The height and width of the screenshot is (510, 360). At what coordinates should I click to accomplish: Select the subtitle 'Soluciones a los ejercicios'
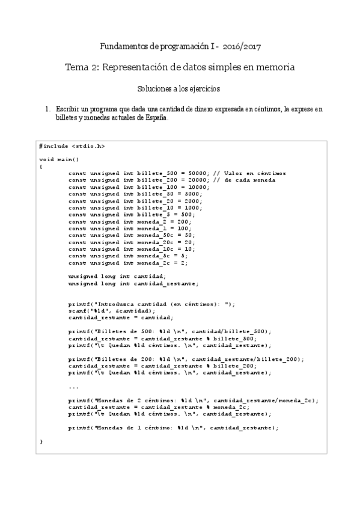pos(179,88)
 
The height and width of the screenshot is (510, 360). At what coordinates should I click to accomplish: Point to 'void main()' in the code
pos(59,159)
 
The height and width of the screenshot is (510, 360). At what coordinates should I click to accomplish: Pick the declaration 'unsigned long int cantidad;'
pos(121,275)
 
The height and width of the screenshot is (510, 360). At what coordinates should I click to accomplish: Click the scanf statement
pos(111,311)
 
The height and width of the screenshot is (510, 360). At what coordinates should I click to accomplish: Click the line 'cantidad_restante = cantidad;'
pos(120,318)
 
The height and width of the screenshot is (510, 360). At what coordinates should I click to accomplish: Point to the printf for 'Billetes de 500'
pos(169,331)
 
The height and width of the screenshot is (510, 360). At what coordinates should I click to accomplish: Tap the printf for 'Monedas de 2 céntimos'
pos(192,400)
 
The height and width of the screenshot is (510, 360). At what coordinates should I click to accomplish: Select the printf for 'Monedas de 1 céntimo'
pos(173,428)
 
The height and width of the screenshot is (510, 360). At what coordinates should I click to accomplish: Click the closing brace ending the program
pos(41,441)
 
